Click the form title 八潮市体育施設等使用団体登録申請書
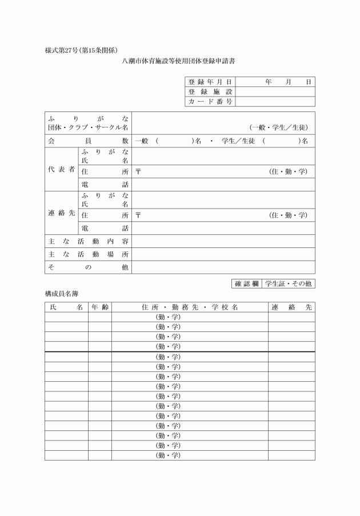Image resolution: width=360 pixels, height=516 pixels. point(179,61)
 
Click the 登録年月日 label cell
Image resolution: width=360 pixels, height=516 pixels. point(210,82)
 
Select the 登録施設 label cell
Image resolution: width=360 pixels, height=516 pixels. point(210,92)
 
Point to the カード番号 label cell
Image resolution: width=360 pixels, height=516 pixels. point(210,102)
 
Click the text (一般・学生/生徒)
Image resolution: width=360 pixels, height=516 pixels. point(278,128)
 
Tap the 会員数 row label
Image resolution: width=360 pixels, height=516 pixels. point(88,141)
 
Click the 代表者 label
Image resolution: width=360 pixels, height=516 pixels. point(61,170)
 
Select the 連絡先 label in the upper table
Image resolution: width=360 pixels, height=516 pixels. point(61,213)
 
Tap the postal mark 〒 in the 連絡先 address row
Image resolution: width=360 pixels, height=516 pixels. point(138,215)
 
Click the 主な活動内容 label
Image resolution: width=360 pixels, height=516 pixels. point(88,241)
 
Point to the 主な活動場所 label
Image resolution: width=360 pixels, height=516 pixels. point(88,254)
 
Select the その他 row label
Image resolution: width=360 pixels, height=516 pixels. point(88,267)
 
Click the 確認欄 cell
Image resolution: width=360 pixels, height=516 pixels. point(247,283)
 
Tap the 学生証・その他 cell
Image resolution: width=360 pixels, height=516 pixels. point(289,283)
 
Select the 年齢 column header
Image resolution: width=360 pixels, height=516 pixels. point(99,307)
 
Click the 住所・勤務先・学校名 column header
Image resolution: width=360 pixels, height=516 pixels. point(190,307)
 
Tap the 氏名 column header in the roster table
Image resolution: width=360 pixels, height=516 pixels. point(66,307)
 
